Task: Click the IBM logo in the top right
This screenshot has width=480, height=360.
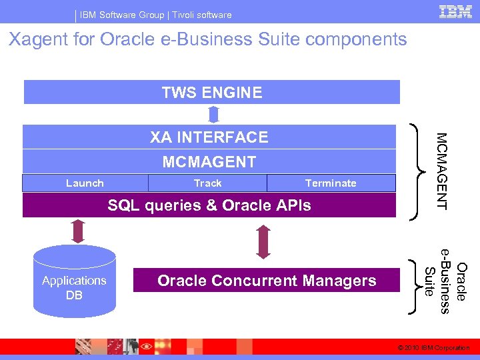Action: (455, 12)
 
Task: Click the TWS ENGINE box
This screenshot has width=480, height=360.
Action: (212, 92)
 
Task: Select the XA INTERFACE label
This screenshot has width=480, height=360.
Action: (209, 137)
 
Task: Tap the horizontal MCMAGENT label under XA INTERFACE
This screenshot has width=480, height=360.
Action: (209, 161)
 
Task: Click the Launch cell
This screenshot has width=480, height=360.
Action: (85, 183)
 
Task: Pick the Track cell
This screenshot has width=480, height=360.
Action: (207, 183)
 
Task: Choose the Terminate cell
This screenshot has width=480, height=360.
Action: (331, 183)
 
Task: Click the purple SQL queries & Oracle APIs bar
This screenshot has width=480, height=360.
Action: (209, 205)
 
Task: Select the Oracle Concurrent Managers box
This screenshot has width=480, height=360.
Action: (267, 281)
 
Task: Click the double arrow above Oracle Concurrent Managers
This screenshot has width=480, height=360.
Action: (263, 241)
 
